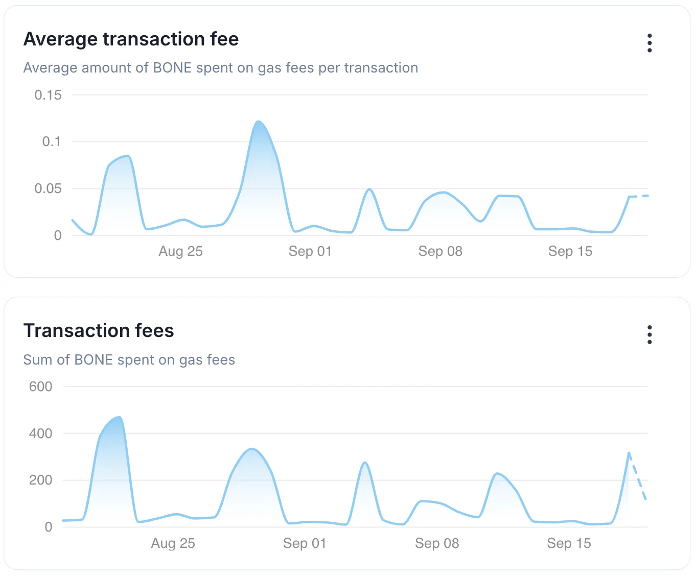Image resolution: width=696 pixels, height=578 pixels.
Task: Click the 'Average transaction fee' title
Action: tap(131, 39)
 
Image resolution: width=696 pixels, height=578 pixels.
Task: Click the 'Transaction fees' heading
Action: tap(99, 331)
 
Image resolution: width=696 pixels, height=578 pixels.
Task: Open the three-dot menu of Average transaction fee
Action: tap(649, 43)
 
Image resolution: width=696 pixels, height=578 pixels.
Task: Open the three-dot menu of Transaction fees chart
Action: tap(649, 335)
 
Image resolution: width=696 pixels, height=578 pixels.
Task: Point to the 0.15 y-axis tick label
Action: tap(48, 95)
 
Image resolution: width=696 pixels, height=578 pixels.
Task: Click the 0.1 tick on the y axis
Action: tap(52, 141)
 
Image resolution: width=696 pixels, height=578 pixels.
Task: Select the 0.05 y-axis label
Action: tap(48, 188)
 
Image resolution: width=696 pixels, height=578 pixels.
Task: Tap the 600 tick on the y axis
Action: tap(41, 387)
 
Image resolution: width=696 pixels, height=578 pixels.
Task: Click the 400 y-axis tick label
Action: tap(41, 433)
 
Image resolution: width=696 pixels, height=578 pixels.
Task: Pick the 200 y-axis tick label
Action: tap(41, 480)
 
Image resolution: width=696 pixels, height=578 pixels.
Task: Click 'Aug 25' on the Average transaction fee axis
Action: tap(181, 251)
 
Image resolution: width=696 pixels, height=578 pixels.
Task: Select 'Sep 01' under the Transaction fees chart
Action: tap(305, 543)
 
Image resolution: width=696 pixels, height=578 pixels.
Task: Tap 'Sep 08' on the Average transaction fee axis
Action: tap(440, 251)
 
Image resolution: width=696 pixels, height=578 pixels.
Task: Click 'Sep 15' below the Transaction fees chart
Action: tap(569, 543)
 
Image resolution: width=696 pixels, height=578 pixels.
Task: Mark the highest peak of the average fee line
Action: tap(259, 122)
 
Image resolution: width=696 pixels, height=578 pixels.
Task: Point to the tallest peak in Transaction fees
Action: tap(120, 417)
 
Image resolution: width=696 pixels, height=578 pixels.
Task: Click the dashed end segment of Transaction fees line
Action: tap(638, 477)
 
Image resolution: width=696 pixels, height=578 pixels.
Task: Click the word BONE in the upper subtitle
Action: tap(172, 68)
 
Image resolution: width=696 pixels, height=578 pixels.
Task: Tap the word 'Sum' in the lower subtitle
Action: tap(38, 360)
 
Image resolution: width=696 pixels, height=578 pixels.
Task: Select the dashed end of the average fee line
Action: tap(639, 196)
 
